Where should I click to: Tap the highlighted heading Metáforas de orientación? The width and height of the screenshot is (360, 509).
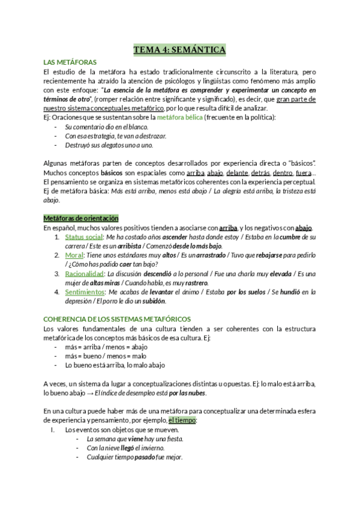(81, 218)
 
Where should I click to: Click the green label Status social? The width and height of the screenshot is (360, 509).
(83, 237)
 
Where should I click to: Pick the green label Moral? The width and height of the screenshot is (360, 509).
(74, 255)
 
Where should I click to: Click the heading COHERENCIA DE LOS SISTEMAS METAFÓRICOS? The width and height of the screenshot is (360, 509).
(127, 319)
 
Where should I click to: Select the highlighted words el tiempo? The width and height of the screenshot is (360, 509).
(182, 420)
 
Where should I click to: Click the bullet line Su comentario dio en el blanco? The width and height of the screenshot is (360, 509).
(106, 127)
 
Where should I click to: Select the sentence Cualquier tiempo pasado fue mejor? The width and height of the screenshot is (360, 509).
(134, 456)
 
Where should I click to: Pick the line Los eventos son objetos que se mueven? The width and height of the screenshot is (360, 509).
(122, 430)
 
